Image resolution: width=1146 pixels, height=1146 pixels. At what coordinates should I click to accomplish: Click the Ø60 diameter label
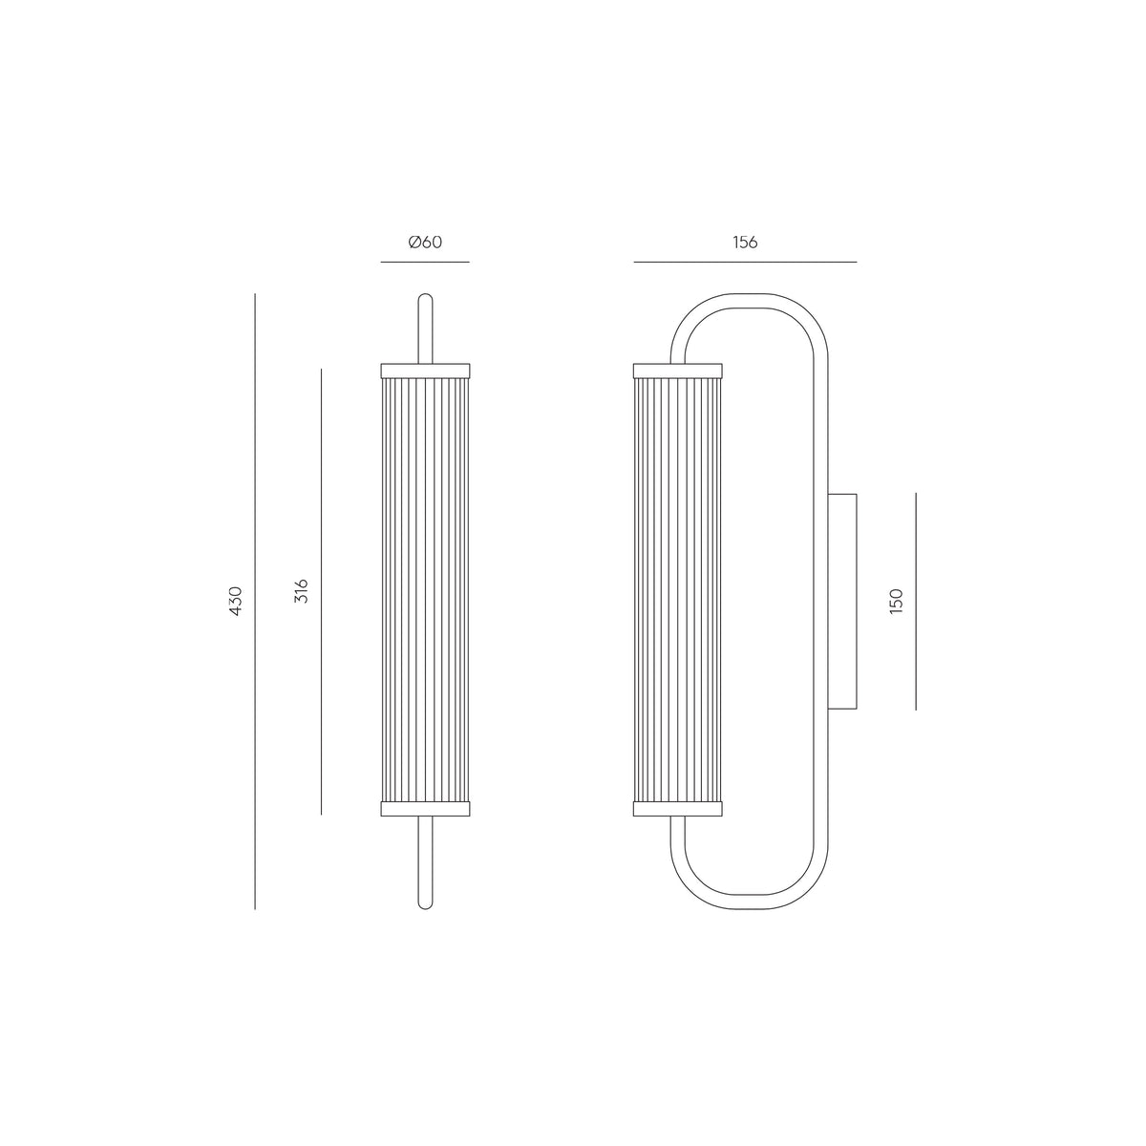pos(425,242)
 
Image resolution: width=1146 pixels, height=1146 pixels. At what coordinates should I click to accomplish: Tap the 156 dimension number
pos(745,242)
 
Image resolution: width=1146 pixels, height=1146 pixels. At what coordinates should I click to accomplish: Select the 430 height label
pos(236,601)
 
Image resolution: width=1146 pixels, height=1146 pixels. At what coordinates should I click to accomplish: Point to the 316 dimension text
pos(302,590)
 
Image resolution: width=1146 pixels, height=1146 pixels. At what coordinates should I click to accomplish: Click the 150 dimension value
pos(896,602)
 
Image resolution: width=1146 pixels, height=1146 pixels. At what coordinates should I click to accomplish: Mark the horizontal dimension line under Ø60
pos(425,262)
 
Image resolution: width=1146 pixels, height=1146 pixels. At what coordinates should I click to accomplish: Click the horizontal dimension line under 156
pos(745,262)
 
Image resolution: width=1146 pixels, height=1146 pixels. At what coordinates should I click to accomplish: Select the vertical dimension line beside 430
pos(255,602)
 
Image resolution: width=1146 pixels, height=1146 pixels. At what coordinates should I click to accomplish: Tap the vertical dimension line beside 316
pos(321,592)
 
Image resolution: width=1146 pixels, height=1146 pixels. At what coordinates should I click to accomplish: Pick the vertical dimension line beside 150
pos(916,602)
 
